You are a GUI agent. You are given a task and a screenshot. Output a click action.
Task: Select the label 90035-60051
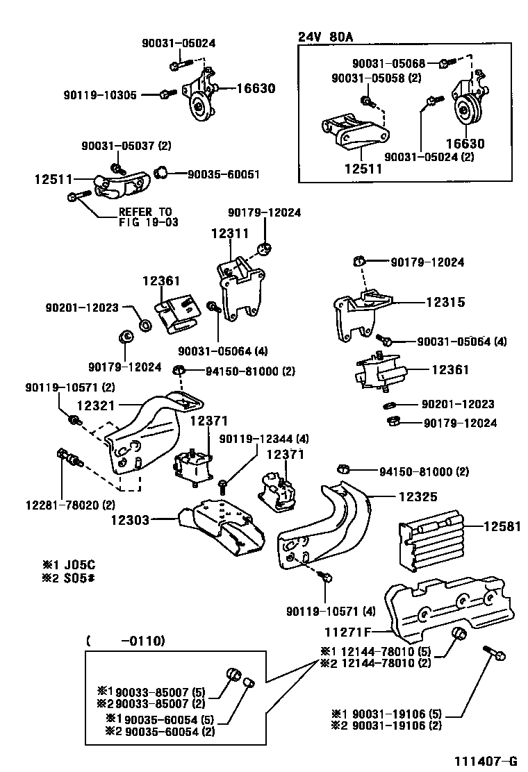[x=224, y=174]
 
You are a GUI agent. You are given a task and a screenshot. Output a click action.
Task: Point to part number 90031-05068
[x=388, y=63]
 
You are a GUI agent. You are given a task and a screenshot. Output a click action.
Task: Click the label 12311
[x=229, y=235]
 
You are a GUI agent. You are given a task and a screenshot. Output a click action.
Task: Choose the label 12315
[x=445, y=303]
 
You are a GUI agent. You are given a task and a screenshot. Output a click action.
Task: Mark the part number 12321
[x=99, y=403]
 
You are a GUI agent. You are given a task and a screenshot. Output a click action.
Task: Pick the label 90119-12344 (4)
[x=264, y=439]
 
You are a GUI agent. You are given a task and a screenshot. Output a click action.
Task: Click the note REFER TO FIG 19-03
[x=148, y=217]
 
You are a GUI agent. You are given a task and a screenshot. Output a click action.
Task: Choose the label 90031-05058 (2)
[x=376, y=78]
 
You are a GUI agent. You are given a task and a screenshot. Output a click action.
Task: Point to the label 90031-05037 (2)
[x=125, y=146]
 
